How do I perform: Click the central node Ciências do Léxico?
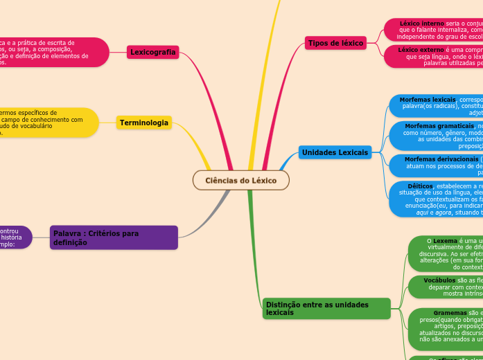point(240,181)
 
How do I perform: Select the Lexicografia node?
point(153,53)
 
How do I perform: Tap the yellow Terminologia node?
point(144,123)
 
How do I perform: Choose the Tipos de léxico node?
point(336,43)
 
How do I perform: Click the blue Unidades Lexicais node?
point(335,152)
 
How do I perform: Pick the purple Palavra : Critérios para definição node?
point(114,237)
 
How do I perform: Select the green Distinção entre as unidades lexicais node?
point(326,308)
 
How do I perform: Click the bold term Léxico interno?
point(422,24)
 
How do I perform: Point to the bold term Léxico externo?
point(422,50)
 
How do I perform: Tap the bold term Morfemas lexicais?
point(428,100)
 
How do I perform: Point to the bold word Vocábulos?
point(439,280)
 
